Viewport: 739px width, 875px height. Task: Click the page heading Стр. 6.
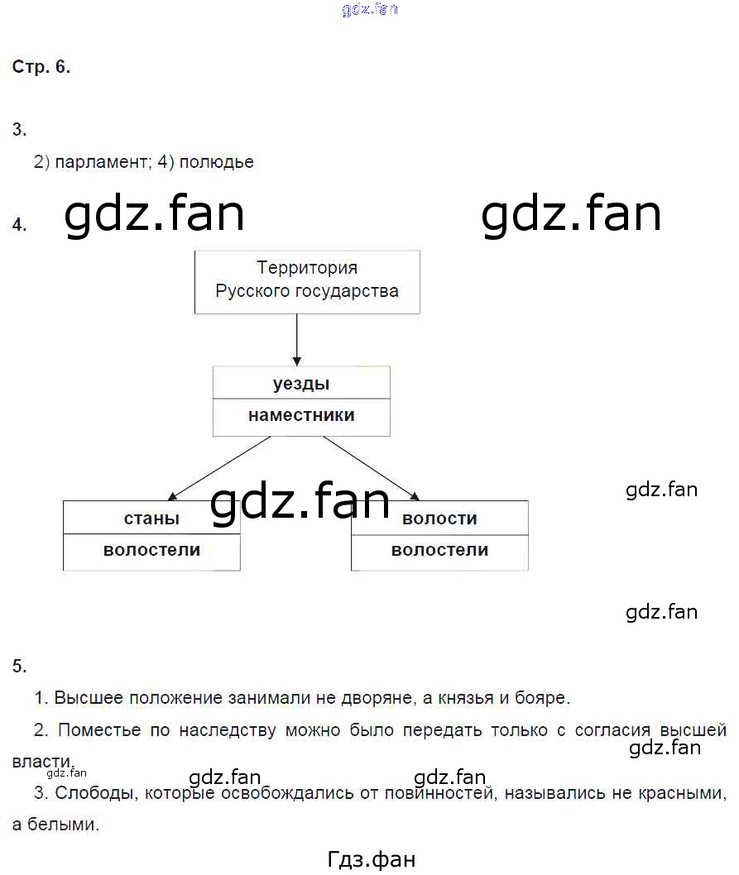point(41,68)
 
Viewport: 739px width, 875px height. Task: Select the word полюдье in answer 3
point(216,162)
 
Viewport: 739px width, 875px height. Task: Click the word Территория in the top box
point(307,268)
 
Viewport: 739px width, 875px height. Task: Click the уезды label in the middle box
point(301,384)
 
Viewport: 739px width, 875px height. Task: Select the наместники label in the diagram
point(301,416)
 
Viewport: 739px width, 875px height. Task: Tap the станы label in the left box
point(151,519)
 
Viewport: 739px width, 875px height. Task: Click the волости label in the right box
point(439,519)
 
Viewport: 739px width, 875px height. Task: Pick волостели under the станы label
point(151,550)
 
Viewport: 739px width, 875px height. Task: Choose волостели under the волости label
point(439,550)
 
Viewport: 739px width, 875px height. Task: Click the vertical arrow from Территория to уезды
point(296,339)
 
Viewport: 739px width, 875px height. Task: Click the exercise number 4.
point(19,225)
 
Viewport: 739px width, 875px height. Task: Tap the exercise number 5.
point(20,666)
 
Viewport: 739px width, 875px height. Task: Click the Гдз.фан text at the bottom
point(372,860)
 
